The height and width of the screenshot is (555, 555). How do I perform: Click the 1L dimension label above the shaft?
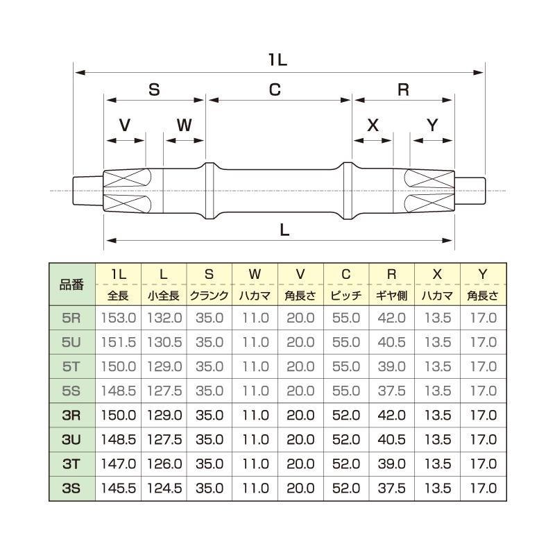[x=277, y=60]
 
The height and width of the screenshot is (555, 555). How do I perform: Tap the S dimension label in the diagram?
[x=154, y=89]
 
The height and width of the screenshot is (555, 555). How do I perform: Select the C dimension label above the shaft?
[x=275, y=89]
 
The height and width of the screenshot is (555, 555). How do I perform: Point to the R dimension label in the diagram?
[x=403, y=89]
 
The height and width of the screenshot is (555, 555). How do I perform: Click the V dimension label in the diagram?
[x=125, y=126]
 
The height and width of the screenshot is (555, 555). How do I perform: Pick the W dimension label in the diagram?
[x=184, y=126]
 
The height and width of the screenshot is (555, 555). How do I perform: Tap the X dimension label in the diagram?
[x=373, y=126]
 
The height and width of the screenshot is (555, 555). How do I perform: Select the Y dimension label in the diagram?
[x=432, y=126]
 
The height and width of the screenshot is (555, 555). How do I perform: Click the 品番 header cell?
[x=71, y=284]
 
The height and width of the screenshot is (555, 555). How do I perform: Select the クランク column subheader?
[x=209, y=296]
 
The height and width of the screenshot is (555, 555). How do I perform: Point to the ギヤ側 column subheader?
[x=391, y=296]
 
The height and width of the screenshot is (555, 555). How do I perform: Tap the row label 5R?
[x=71, y=318]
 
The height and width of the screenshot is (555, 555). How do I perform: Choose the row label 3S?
[x=71, y=488]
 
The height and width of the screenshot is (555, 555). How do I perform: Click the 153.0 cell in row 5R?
[x=118, y=318]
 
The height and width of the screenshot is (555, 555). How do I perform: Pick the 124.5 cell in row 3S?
[x=163, y=488]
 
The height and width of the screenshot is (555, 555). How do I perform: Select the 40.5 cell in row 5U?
[x=391, y=343]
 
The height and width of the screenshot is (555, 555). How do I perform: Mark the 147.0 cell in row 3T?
[x=118, y=464]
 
